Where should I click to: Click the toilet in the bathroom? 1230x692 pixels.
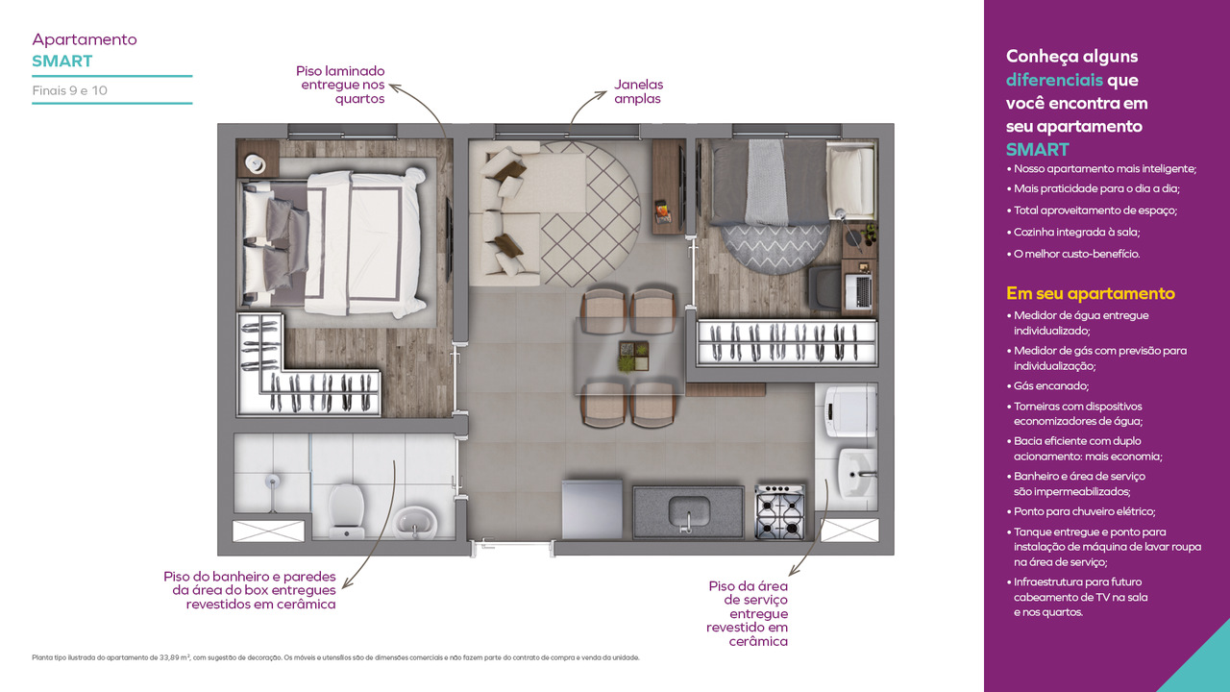point(346,510)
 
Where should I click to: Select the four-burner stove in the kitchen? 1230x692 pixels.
point(780,512)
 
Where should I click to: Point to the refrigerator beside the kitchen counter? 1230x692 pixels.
point(592,509)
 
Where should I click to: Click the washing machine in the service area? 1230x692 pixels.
point(850,410)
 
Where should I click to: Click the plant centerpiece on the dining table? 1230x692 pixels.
point(634,356)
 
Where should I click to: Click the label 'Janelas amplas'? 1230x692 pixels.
point(638,91)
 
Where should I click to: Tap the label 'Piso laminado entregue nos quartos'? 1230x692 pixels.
point(340,85)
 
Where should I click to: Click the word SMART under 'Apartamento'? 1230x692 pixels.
point(62,61)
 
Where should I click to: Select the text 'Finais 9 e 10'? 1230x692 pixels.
point(70,90)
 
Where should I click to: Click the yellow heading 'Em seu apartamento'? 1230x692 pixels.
point(1090,293)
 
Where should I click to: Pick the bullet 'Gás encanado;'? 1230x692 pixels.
point(1047,385)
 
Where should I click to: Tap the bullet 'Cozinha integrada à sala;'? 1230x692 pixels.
point(1073,232)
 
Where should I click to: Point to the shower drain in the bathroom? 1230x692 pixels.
point(272,482)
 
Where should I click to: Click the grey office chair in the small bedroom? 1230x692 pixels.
point(824,288)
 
